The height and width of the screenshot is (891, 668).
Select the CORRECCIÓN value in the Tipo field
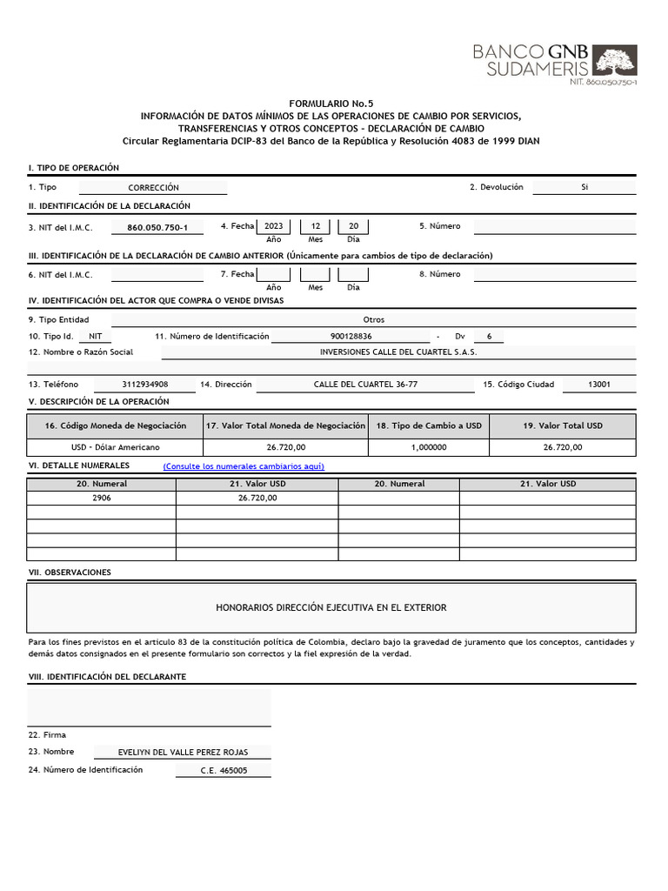click(x=153, y=187)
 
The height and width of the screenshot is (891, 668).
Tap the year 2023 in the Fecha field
click(x=274, y=226)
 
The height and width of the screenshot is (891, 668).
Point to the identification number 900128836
click(x=351, y=336)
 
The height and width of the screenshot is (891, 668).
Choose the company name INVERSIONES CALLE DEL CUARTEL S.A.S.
click(x=398, y=352)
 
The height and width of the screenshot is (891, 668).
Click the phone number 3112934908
click(x=145, y=384)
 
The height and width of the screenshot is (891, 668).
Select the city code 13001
click(x=599, y=384)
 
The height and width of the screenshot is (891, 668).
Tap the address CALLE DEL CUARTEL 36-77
click(x=365, y=384)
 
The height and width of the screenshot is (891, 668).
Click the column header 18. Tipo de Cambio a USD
click(x=429, y=425)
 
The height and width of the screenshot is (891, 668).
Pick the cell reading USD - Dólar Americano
click(x=115, y=447)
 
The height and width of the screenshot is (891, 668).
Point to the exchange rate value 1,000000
click(x=429, y=447)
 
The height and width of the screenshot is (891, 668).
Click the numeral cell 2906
click(x=102, y=499)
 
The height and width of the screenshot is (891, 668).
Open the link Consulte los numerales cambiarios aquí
click(x=244, y=466)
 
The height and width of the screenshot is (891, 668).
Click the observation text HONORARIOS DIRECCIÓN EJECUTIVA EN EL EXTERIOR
click(x=331, y=607)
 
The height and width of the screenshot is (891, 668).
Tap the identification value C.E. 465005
click(x=224, y=771)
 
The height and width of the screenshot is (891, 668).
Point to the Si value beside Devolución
click(x=584, y=187)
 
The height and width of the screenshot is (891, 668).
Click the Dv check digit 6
click(x=489, y=336)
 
